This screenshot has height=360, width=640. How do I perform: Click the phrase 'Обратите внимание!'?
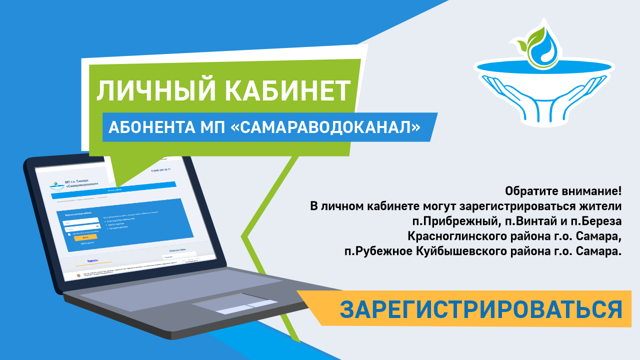click(563, 191)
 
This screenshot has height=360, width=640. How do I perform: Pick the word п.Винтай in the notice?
click(517, 221)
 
